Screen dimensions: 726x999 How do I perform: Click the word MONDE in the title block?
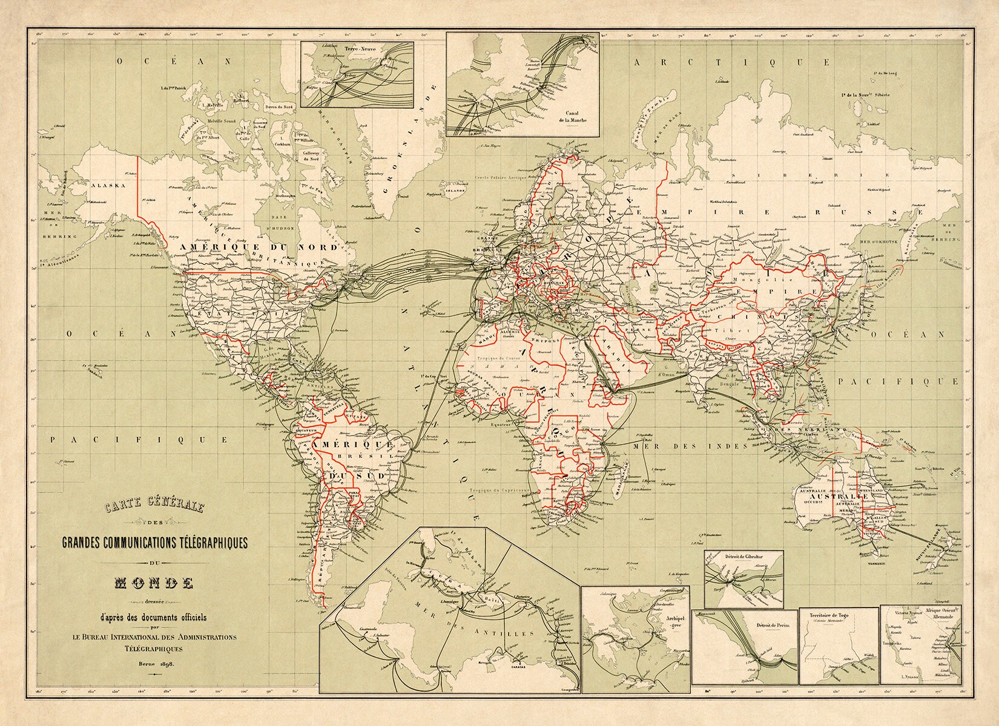click(154, 584)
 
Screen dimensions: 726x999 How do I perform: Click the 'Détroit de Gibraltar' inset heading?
click(743, 557)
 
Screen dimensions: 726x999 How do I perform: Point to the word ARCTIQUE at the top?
click(730, 62)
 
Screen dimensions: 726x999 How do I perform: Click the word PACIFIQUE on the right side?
click(899, 382)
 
